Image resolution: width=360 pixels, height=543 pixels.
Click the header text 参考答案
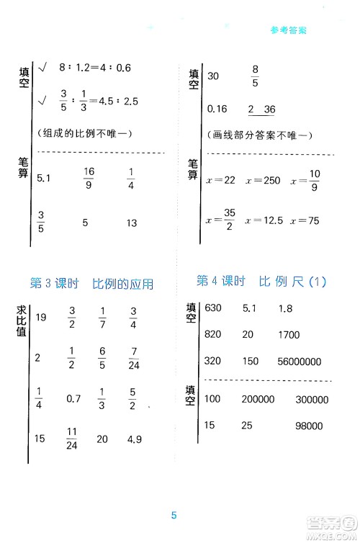[288, 30]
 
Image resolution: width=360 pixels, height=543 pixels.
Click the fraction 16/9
[89, 176]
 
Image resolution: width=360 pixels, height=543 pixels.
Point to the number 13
[131, 223]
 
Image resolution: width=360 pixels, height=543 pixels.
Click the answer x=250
[262, 180]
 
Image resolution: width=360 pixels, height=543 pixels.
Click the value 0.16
[217, 109]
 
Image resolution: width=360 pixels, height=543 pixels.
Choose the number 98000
[308, 426]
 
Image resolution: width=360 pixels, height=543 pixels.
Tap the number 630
[214, 308]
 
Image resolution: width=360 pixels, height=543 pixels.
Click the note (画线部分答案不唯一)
[248, 136]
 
